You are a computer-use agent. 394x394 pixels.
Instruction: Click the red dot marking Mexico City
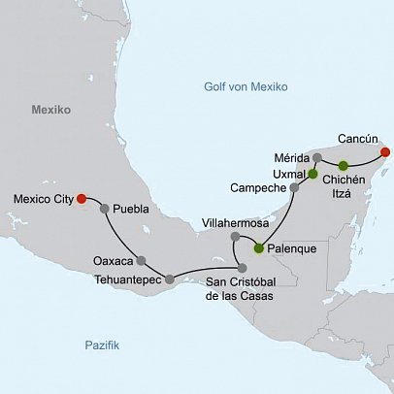coord(82,199)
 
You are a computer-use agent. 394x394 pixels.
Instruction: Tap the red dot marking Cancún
coord(385,151)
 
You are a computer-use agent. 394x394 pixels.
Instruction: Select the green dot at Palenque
coord(258,248)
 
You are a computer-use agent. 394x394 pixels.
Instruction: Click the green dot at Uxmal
coord(312,174)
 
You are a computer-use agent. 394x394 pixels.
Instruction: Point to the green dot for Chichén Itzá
coord(343,165)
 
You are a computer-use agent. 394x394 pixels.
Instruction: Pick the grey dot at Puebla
coord(104,208)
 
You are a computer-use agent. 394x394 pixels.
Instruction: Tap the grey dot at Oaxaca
coord(142,260)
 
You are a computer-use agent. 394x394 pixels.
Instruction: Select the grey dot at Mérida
coord(317,157)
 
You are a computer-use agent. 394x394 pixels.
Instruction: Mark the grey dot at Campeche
coord(294,186)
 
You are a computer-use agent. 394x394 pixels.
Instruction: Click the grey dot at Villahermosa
coord(235,237)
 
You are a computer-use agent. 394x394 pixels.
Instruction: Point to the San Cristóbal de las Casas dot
coord(243,268)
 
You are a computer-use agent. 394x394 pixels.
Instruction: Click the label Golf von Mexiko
coord(246,86)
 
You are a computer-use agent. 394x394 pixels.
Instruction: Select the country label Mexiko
coord(50,111)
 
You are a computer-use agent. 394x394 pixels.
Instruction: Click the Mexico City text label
coord(43,200)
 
